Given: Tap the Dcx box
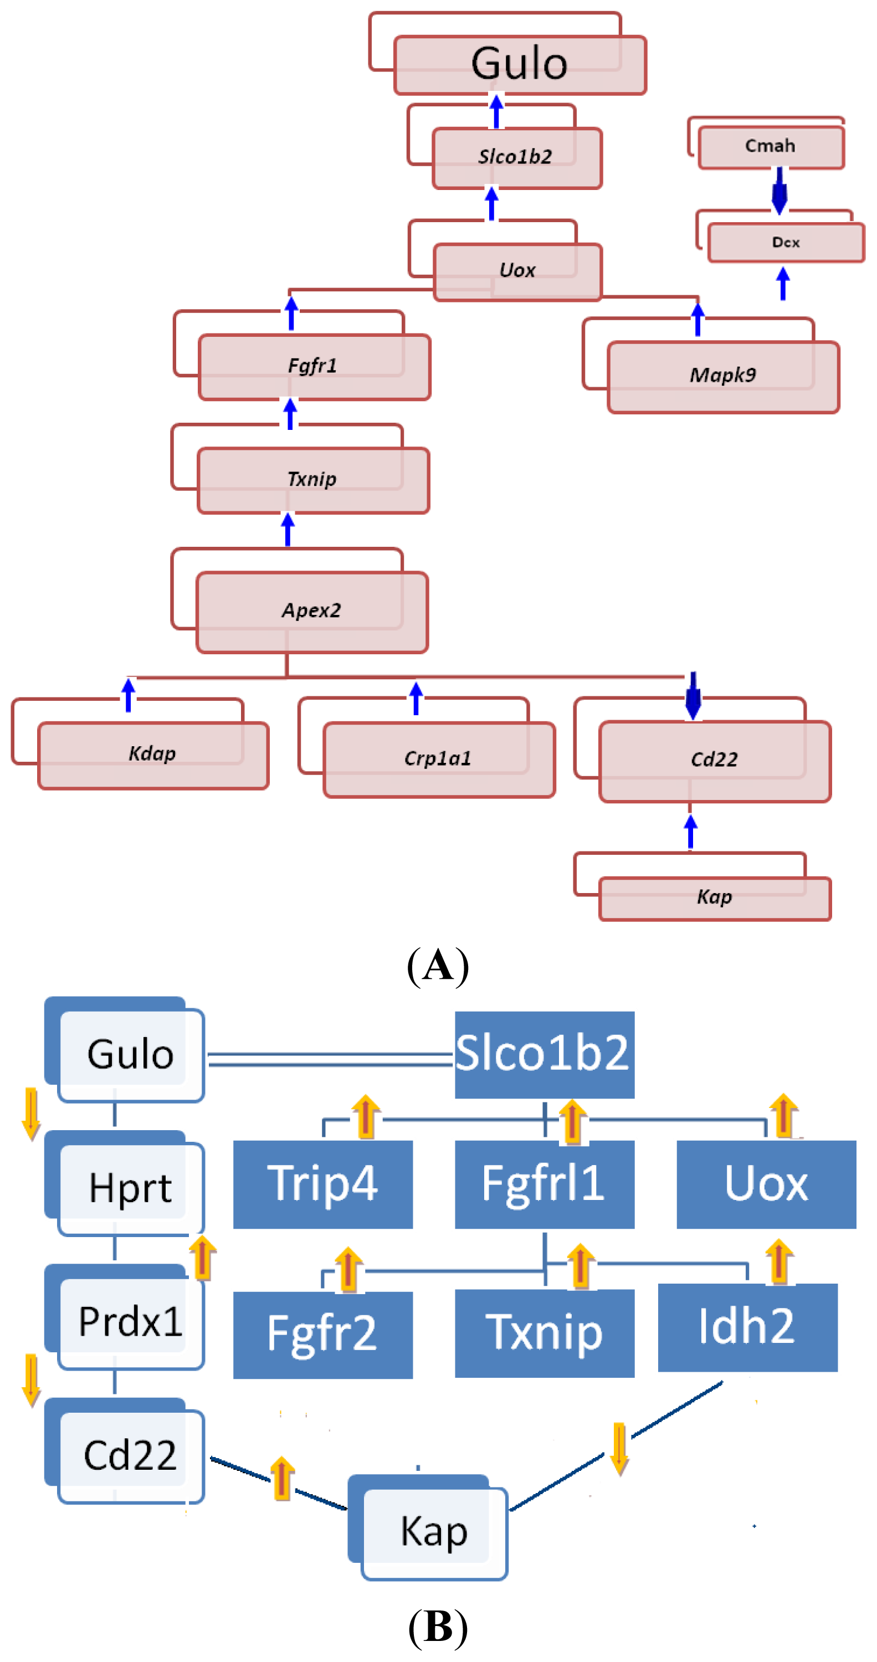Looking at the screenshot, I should coord(786,243).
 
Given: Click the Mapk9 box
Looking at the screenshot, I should coord(723,376).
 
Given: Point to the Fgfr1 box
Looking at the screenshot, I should coord(314,366).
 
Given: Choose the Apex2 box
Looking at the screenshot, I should coord(312,612).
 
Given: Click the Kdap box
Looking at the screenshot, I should coord(153,755).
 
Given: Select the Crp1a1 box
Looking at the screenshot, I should coord(439,759).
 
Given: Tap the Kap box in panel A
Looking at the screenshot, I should coord(714,897).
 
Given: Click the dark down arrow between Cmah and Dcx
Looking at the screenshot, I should coord(779,191).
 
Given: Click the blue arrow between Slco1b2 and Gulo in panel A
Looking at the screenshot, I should coord(496,111).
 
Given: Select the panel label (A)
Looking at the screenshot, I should coord(438,966).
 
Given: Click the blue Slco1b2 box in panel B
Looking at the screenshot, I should coord(544,1054).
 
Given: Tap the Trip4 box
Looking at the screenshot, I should coord(322,1184).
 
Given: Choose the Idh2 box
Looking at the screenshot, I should coord(747,1327).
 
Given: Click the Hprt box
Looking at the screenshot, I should coord(131,1188).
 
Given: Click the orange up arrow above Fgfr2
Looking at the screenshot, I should coord(348,1269).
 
